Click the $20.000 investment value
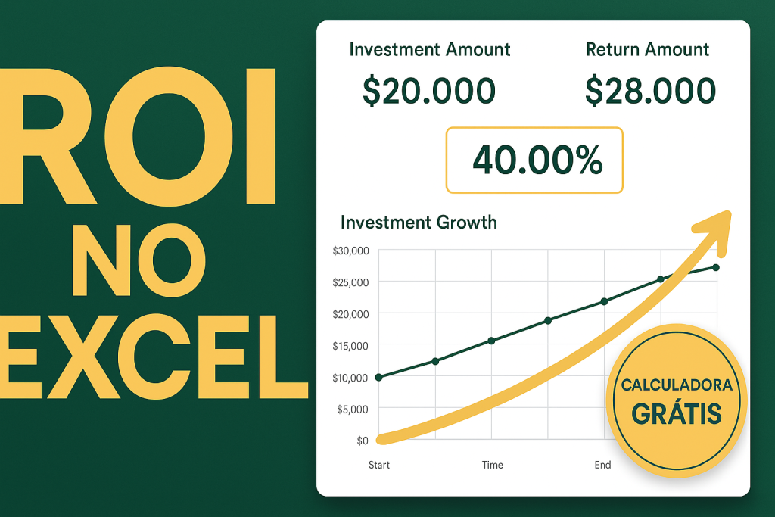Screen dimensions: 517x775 tap(429, 91)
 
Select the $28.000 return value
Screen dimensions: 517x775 tap(650, 91)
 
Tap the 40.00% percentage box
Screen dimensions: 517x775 tap(534, 160)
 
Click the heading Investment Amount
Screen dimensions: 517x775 tap(430, 50)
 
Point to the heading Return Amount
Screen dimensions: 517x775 tap(647, 50)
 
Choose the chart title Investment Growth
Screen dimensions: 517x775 tap(419, 223)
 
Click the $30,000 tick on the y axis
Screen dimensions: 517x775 tap(350, 251)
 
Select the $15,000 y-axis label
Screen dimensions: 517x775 tap(350, 346)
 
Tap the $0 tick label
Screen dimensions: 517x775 tap(361, 441)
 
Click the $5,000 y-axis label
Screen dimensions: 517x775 tap(353, 409)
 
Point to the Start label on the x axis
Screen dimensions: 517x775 tap(378, 465)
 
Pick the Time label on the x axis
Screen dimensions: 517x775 tap(492, 465)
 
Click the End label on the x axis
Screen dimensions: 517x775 tap(602, 465)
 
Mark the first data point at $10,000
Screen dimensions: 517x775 tap(378, 377)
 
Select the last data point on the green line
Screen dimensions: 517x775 tap(716, 267)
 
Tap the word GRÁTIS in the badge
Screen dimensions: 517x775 tap(676, 413)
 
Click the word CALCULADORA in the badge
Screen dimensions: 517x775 tap(677, 385)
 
